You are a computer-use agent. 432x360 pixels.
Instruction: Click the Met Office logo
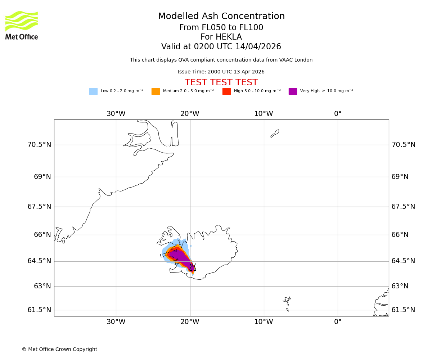point(22,25)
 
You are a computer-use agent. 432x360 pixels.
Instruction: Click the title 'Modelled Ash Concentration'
point(221,17)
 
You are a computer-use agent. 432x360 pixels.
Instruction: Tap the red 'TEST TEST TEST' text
point(221,82)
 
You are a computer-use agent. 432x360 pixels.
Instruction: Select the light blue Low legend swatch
point(93,91)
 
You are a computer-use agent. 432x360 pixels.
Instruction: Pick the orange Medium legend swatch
point(156,91)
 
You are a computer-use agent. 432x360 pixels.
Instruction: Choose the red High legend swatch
point(226,91)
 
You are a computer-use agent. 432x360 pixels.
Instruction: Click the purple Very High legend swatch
point(293,91)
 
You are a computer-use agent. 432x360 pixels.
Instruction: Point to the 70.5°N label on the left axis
point(39,145)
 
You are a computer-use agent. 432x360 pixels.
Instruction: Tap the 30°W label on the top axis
point(116,114)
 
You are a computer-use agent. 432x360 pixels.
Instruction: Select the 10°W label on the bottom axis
point(264,322)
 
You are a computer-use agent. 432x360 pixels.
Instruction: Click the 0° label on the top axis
point(338,114)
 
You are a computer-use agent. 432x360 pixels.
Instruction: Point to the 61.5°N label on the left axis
point(39,310)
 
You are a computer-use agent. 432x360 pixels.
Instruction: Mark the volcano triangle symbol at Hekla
point(193,267)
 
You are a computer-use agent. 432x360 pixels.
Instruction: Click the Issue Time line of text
point(221,72)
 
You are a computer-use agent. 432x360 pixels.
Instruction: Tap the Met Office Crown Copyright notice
point(59,349)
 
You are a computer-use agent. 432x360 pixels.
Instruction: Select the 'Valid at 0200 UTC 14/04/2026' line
point(221,47)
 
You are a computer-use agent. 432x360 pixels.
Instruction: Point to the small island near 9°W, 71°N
point(275,133)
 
